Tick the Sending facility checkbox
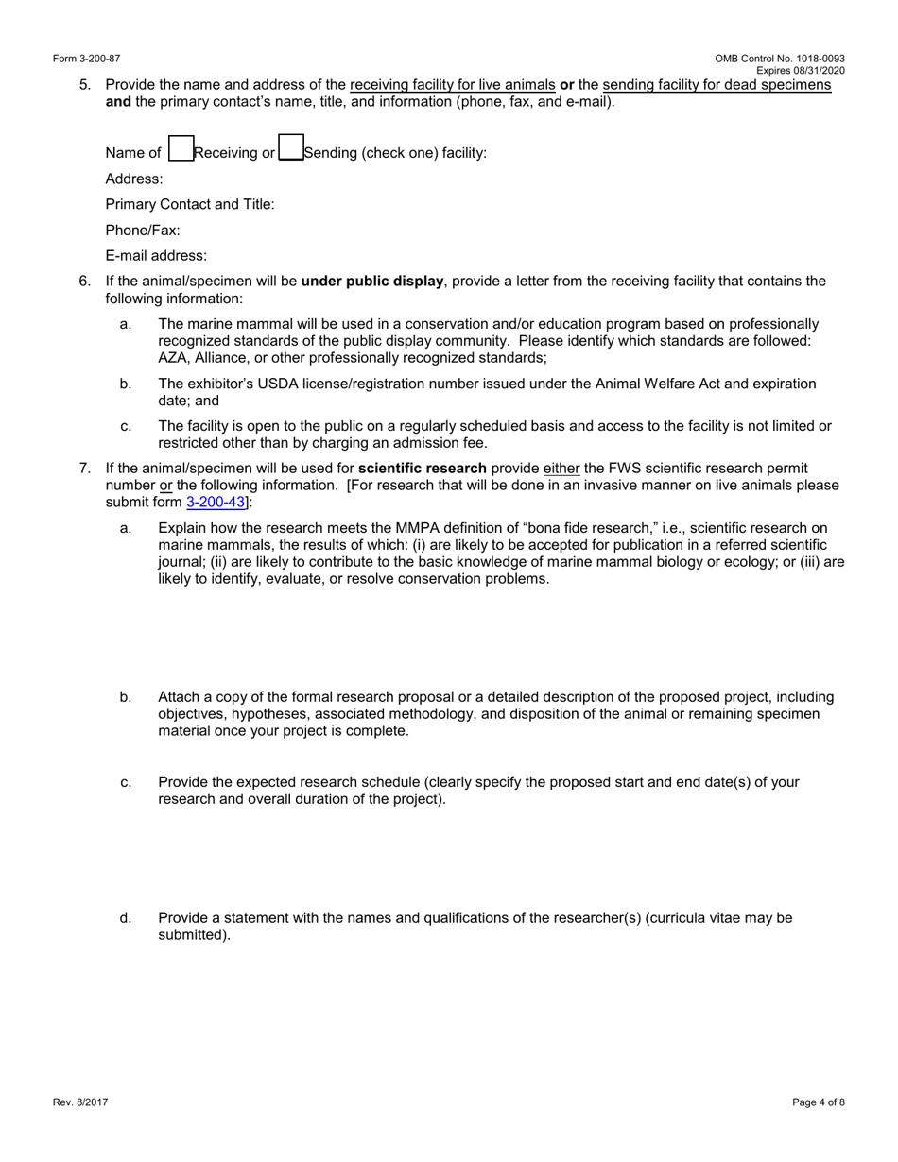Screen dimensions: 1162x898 (291, 148)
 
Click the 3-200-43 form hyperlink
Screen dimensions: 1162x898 (216, 503)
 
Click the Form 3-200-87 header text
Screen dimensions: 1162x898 (87, 59)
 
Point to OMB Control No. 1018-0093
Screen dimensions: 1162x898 (780, 59)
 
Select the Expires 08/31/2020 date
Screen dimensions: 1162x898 (800, 71)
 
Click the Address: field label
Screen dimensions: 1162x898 (134, 179)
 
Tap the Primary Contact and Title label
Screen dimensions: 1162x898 (190, 204)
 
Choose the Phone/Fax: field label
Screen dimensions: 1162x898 (143, 230)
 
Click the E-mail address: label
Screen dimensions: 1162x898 (156, 255)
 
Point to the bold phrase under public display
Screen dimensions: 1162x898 (371, 281)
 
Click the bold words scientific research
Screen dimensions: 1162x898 (423, 468)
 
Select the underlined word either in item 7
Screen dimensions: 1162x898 (561, 468)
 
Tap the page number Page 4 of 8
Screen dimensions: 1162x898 (819, 1102)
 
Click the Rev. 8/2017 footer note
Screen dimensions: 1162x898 (80, 1102)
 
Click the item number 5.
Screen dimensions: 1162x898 (85, 84)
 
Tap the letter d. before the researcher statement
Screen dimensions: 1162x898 (126, 917)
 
